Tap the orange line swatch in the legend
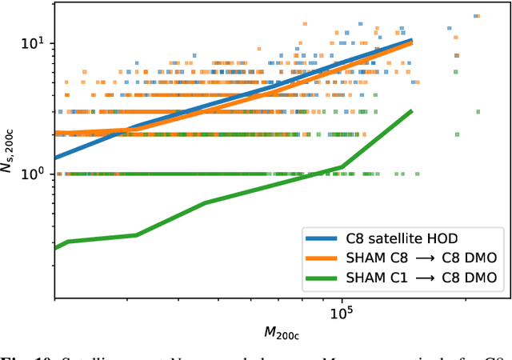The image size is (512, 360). click(x=324, y=257)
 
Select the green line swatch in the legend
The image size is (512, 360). click(x=324, y=277)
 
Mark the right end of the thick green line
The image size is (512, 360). click(x=412, y=111)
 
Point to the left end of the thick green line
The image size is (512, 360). click(x=54, y=248)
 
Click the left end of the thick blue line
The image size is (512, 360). click(x=54, y=158)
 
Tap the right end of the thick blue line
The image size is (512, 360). click(x=412, y=39)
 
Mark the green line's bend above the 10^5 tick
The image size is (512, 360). click(x=342, y=167)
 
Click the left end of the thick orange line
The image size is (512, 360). click(x=54, y=133)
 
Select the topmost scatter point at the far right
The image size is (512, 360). click(x=477, y=16)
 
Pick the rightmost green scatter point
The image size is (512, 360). click(x=478, y=112)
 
